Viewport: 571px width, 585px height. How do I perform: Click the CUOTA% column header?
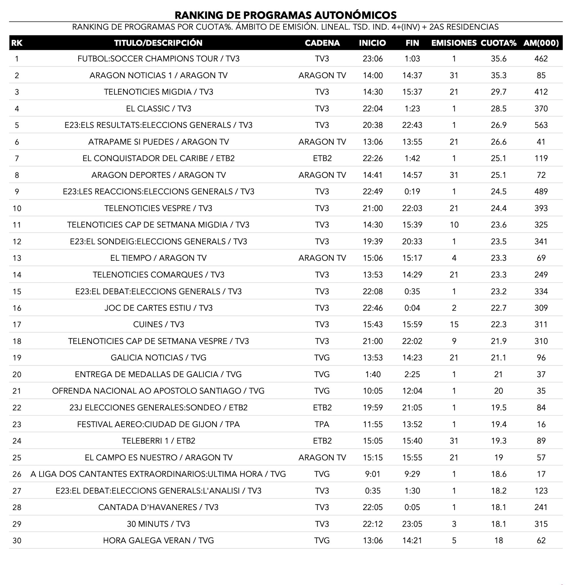[x=498, y=43]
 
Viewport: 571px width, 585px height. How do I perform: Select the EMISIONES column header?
[x=454, y=43]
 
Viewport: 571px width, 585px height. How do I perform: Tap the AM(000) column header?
[x=541, y=43]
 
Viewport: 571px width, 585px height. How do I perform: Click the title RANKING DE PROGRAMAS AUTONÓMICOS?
[x=285, y=15]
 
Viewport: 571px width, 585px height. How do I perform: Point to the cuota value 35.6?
[x=498, y=59]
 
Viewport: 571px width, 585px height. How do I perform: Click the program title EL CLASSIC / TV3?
[x=158, y=108]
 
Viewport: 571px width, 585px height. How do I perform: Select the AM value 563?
[x=541, y=125]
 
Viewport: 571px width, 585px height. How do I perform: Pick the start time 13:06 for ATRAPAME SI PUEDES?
[x=373, y=142]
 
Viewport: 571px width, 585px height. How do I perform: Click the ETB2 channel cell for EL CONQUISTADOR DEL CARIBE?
[x=322, y=158]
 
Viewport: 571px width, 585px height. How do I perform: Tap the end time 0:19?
[x=412, y=192]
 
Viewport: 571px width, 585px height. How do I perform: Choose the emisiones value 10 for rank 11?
[x=454, y=225]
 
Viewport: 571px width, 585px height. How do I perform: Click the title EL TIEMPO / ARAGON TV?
[x=158, y=258]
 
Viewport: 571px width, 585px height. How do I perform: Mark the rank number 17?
[x=17, y=324]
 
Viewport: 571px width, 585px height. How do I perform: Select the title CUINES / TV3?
[x=158, y=324]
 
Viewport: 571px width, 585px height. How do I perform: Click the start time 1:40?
[x=373, y=374]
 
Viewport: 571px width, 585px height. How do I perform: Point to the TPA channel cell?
[x=322, y=424]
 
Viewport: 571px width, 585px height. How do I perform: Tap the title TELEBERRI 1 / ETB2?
[x=158, y=441]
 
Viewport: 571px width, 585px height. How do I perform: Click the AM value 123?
[x=541, y=491]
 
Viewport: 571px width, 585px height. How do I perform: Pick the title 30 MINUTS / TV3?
[x=158, y=524]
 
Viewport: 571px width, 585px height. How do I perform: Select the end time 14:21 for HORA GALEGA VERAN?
[x=412, y=541]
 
